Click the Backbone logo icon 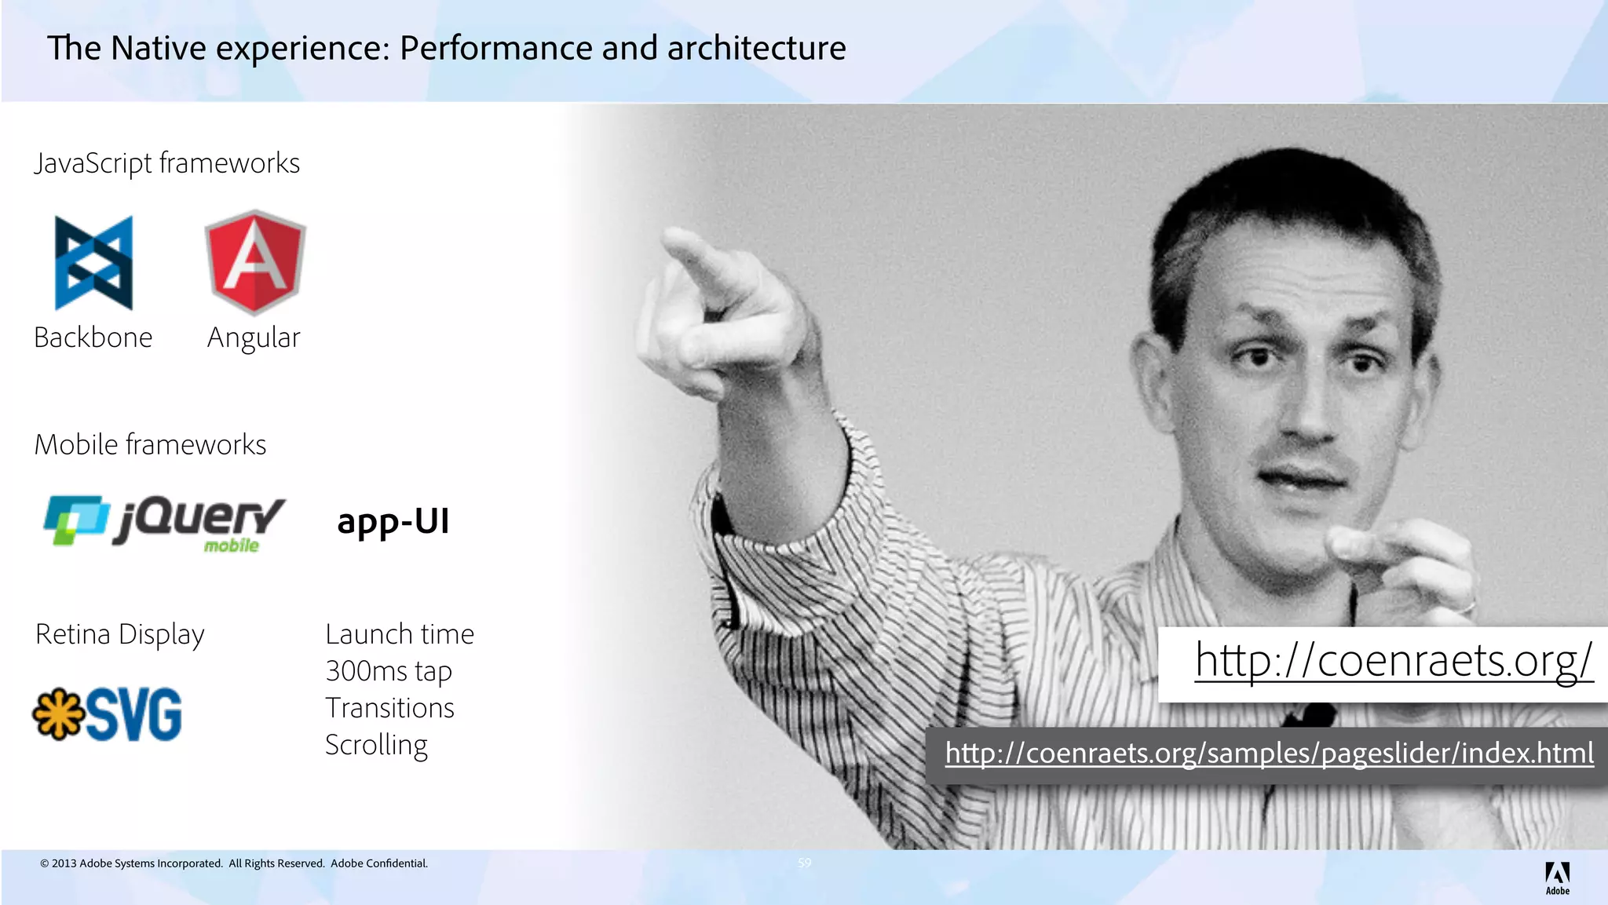tap(93, 263)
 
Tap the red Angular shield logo tap(255, 261)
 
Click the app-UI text tap(393, 521)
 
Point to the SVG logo tap(108, 714)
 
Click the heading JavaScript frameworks tap(166, 163)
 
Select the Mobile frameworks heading tap(150, 445)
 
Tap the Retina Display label tap(120, 634)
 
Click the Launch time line tap(400, 634)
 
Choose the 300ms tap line tap(389, 671)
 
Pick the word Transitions tap(389, 708)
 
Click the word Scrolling tap(376, 745)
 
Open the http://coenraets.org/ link tap(1394, 660)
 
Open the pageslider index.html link tap(1269, 754)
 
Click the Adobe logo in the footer tap(1557, 878)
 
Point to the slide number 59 tap(805, 863)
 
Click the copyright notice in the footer tap(234, 863)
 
